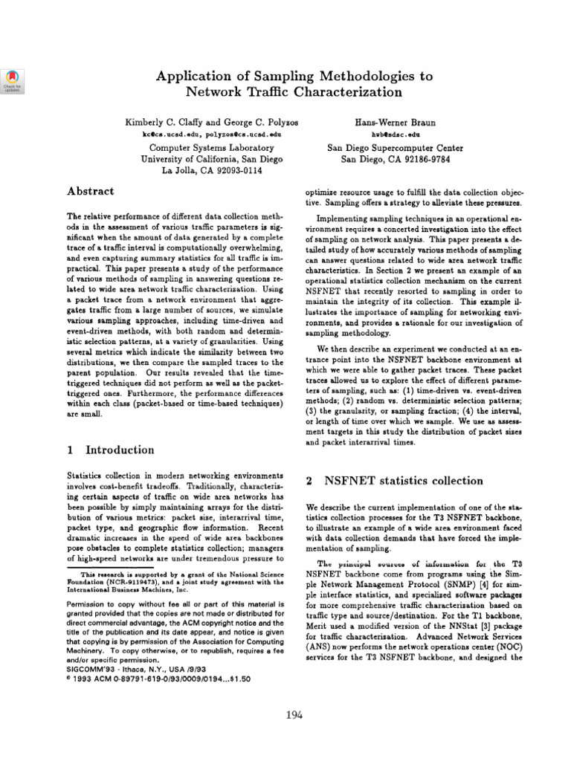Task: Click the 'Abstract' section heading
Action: tap(90, 191)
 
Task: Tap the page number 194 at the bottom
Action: tap(295, 715)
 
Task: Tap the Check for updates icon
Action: tap(14, 80)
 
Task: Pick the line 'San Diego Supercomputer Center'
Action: tap(385, 148)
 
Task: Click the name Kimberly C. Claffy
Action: tap(159, 121)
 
